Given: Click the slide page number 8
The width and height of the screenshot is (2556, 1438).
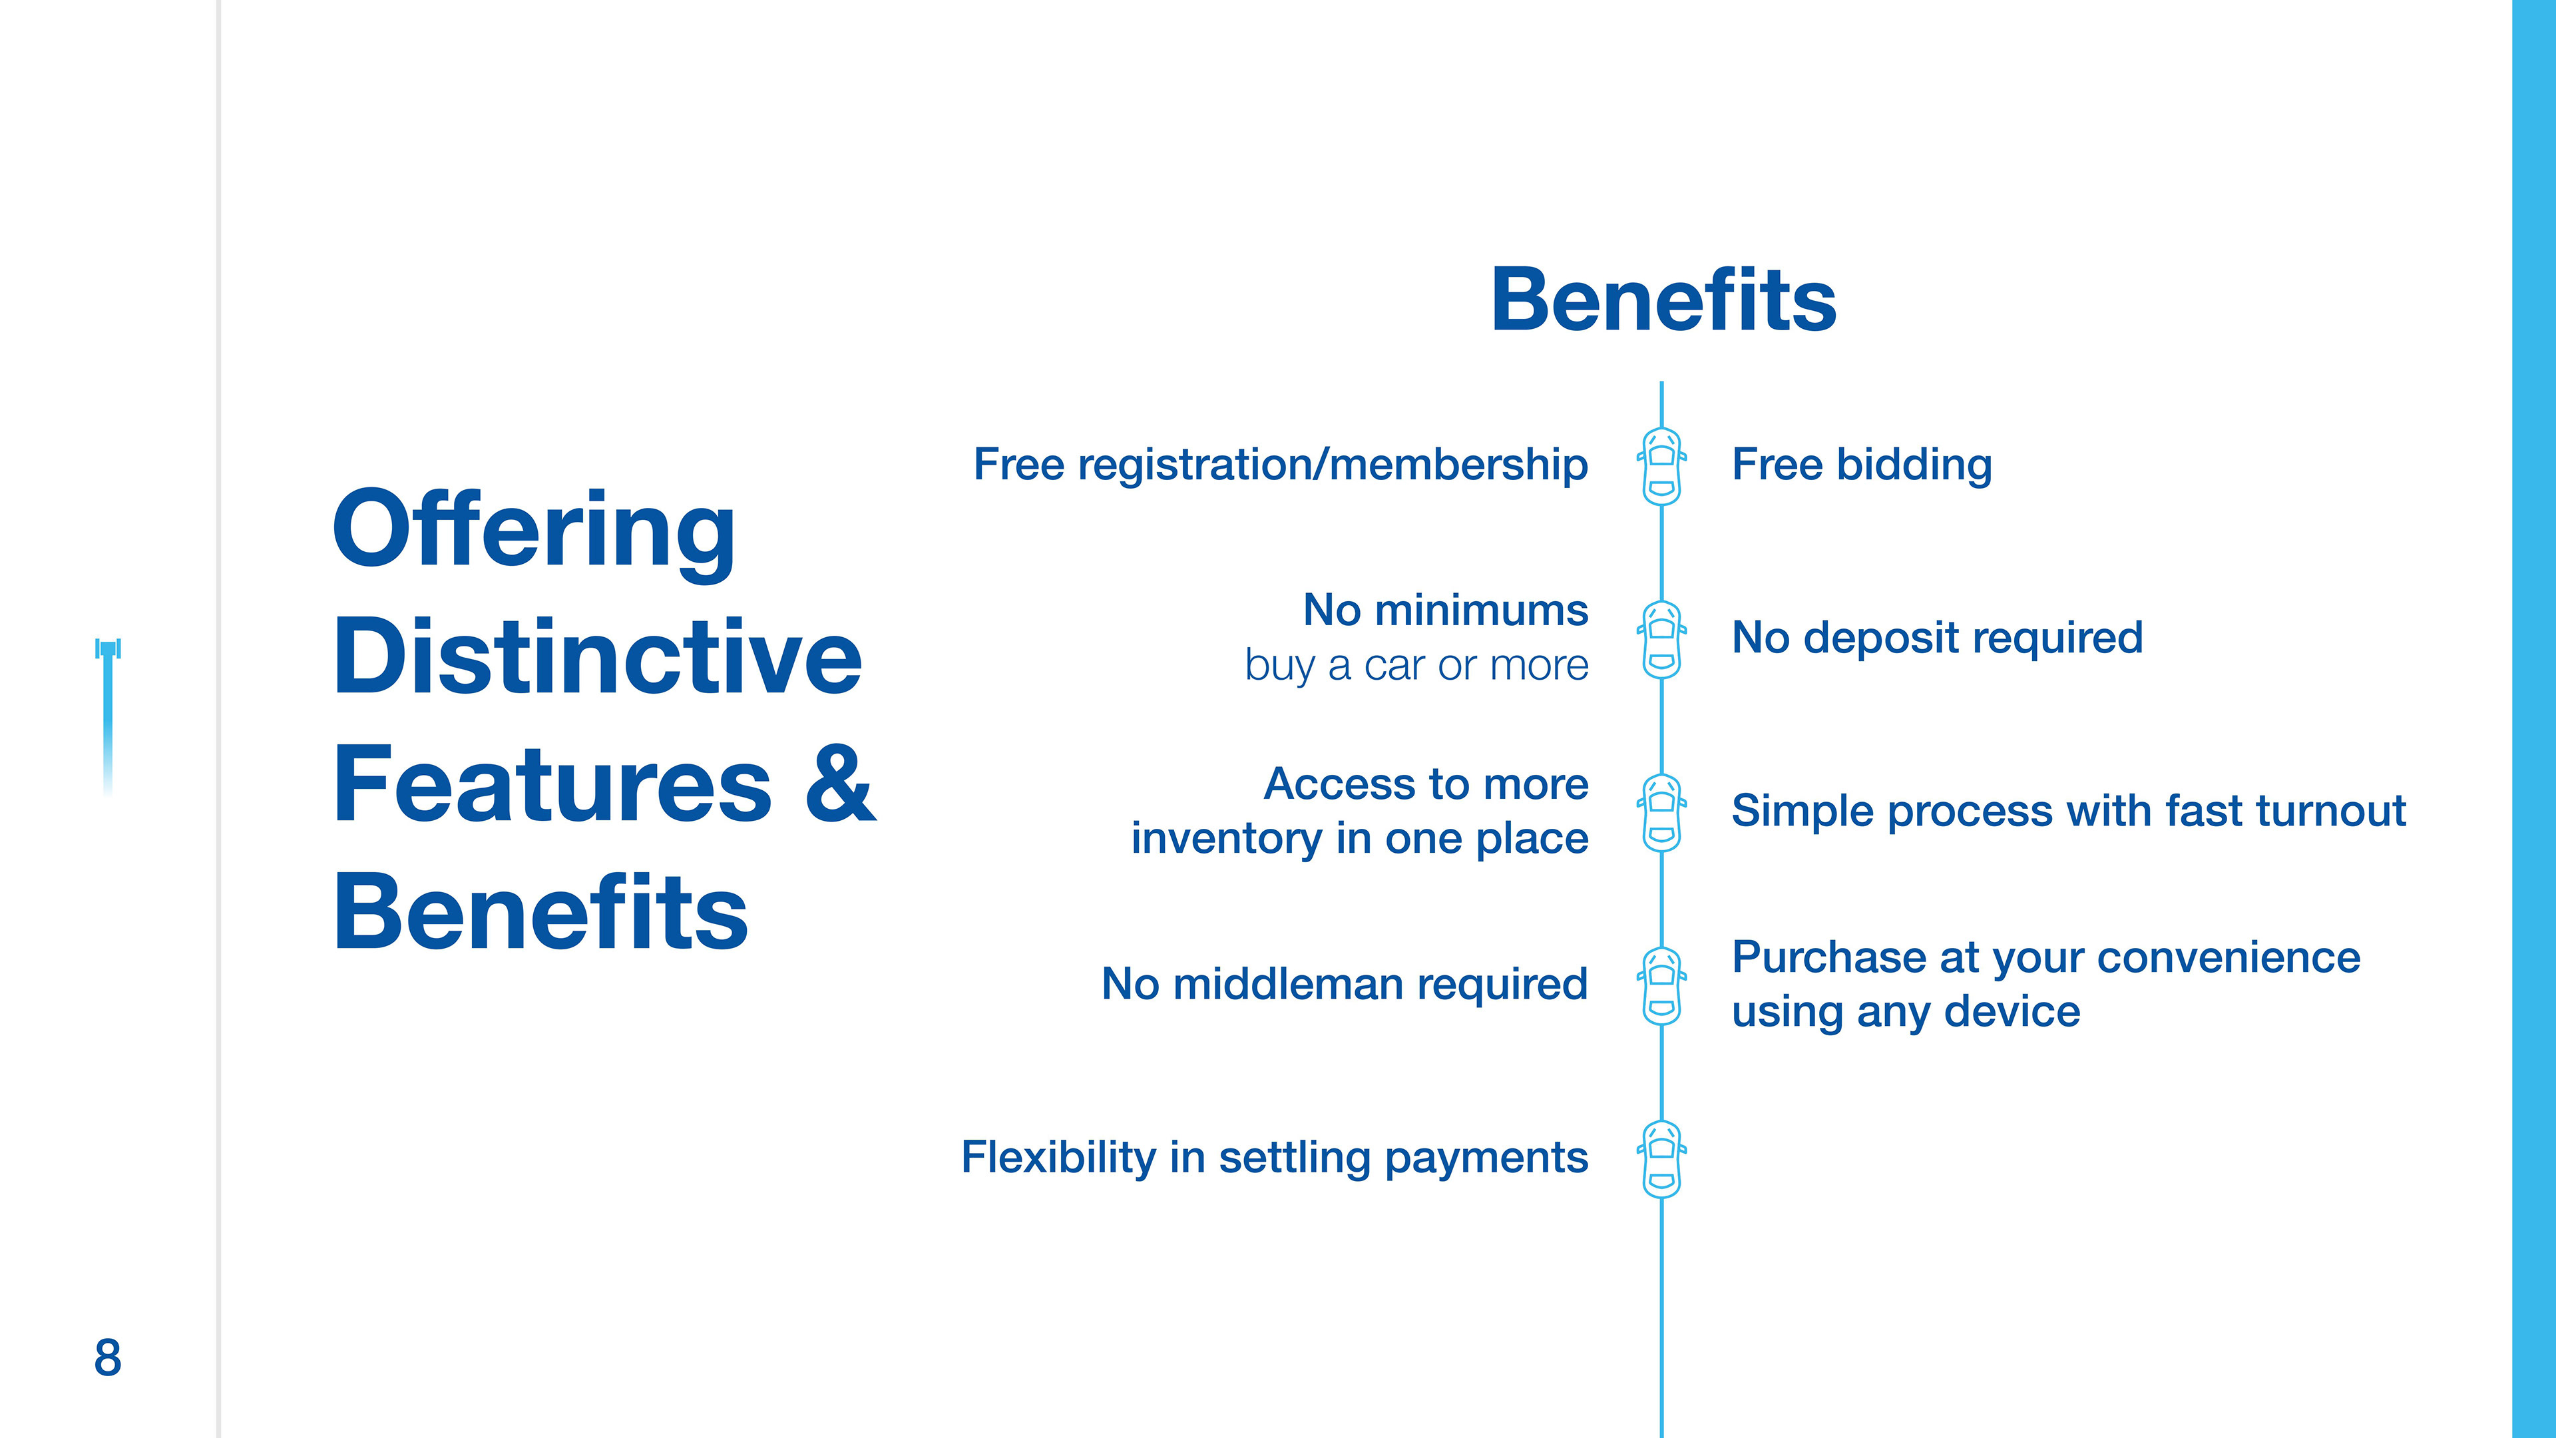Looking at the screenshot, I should point(107,1357).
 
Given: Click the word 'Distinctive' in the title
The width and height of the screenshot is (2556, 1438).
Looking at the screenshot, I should point(597,657).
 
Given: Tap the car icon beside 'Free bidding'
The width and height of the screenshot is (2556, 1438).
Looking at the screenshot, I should point(1662,467).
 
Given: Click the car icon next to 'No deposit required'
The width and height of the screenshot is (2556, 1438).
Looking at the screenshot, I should point(1662,640).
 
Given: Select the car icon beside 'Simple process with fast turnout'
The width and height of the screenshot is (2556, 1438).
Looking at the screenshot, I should point(1662,813).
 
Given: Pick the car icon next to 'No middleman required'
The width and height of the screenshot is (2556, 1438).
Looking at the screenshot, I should point(1662,987).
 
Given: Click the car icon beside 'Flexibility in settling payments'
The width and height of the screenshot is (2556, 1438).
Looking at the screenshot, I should point(1662,1159).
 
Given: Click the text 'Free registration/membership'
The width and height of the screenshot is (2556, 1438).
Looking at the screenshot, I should point(1280,465).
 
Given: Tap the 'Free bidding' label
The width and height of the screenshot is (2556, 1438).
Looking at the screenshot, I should point(1862,465).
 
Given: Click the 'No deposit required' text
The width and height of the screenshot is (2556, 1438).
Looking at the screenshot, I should point(1937,637).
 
